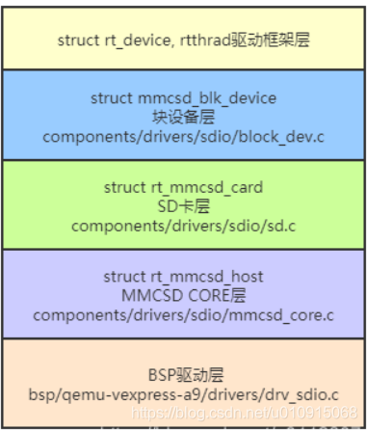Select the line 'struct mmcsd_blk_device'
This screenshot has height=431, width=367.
tap(182, 98)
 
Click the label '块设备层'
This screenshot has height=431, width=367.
tap(182, 117)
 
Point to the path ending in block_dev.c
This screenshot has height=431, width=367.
tap(182, 135)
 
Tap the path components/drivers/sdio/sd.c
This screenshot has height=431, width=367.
tap(182, 226)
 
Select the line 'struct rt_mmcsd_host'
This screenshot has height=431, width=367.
tap(182, 278)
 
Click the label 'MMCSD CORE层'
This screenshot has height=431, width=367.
tap(182, 296)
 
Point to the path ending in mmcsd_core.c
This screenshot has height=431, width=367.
tap(182, 314)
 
